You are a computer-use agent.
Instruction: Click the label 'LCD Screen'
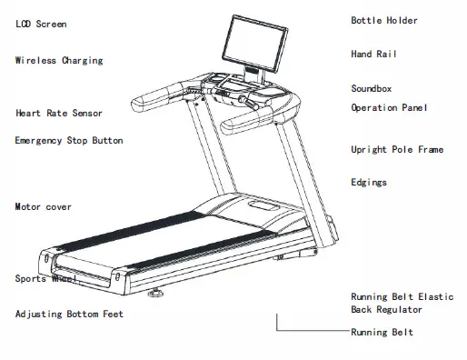pos(41,24)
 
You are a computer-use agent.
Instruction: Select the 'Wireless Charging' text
pos(59,61)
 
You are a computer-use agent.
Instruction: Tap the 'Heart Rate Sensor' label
pos(59,114)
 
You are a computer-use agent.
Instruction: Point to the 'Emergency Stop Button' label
pos(69,141)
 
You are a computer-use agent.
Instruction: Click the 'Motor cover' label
pos(44,207)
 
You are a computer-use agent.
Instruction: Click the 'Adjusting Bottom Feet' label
pos(69,315)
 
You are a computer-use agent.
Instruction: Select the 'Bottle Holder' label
pos(384,20)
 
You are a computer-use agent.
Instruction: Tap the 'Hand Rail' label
pos(373,55)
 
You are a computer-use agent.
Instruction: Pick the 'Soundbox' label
pos(371,89)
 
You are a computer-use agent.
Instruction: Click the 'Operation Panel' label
pos(389,108)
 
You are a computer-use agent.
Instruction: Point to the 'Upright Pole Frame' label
pos(397,149)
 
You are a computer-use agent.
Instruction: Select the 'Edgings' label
pos(369,183)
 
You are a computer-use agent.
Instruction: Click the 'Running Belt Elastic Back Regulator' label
pos(402,303)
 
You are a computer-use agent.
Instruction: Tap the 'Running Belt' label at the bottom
pos(383,333)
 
